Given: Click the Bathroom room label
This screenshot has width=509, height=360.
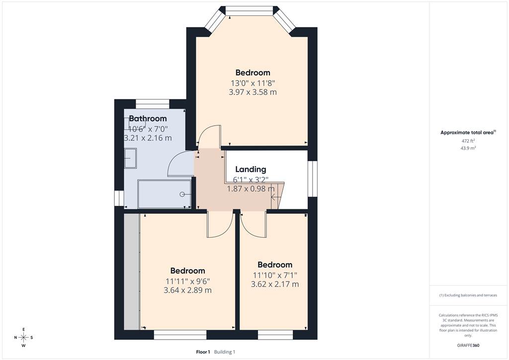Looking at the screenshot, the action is (x=148, y=118).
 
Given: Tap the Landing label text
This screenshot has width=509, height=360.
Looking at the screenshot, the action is (x=251, y=169).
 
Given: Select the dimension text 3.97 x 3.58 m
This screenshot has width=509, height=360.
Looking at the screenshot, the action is (x=253, y=92).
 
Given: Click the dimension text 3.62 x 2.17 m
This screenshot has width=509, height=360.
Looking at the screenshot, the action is (x=275, y=284).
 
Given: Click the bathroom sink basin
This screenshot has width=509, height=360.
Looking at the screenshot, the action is (x=131, y=158).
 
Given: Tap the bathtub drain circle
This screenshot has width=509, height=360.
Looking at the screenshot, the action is (x=182, y=194).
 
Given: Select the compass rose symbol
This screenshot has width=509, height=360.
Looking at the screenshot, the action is (x=24, y=338).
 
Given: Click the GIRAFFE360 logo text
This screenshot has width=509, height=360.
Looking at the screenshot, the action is (x=468, y=345).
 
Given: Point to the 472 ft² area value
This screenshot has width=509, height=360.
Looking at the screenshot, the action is (x=468, y=141).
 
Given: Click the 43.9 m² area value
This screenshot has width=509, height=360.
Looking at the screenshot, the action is (x=468, y=148).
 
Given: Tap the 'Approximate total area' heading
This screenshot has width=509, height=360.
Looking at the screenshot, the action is (x=468, y=132).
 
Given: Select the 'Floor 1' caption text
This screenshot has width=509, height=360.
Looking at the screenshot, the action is (x=203, y=352).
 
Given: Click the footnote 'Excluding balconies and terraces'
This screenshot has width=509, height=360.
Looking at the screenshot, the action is (x=471, y=295).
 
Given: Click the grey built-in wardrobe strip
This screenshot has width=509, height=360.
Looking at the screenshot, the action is (x=132, y=271).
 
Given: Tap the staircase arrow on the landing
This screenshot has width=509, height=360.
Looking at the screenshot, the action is (x=274, y=196).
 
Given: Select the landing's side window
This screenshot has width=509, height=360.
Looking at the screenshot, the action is (x=312, y=179).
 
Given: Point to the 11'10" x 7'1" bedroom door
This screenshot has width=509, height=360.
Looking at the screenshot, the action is (x=253, y=226).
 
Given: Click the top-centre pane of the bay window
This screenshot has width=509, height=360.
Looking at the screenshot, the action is (x=250, y=12).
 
